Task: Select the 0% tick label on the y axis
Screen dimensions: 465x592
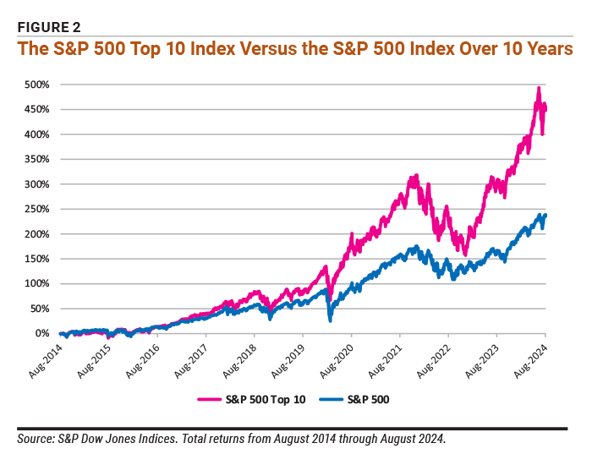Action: click(42, 333)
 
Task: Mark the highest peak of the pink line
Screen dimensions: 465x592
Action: click(539, 88)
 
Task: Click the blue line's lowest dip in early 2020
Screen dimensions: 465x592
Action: click(329, 320)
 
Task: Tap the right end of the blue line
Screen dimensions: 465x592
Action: click(545, 215)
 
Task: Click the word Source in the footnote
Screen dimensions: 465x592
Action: click(36, 439)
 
